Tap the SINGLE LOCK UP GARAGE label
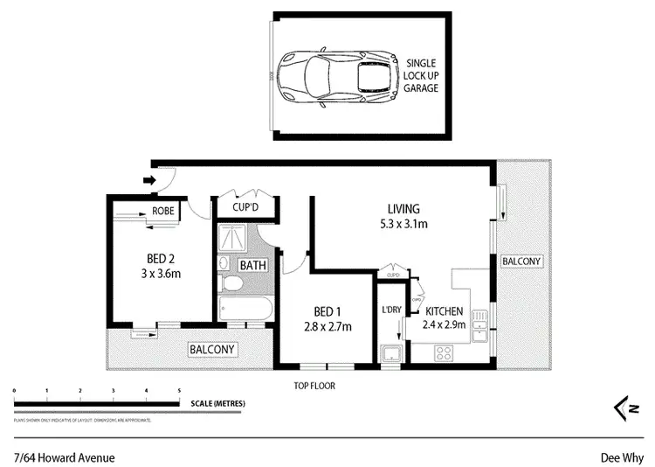point(422,76)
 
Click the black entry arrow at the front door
point(149,181)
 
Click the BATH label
point(253,265)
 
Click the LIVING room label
point(403,209)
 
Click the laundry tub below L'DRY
point(391,353)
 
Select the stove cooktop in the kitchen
point(444,353)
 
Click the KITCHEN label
point(445,310)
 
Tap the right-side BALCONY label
point(521,261)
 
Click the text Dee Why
point(621,457)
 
